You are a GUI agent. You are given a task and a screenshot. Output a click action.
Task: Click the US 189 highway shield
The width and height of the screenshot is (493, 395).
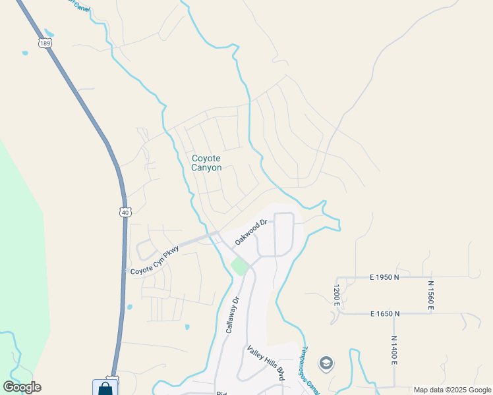(44, 43)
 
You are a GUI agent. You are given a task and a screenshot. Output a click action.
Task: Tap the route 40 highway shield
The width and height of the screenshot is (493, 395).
(125, 212)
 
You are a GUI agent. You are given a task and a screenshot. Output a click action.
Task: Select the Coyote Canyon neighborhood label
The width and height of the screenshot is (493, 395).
(206, 163)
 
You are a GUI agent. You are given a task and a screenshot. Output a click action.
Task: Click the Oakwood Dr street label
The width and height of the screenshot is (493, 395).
(250, 232)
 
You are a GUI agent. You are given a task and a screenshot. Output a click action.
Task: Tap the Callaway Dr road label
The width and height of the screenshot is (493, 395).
(231, 314)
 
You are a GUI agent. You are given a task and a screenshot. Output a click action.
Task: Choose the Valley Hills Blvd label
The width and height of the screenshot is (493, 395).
(265, 362)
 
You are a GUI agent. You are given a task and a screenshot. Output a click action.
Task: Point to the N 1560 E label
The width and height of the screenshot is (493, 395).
(431, 295)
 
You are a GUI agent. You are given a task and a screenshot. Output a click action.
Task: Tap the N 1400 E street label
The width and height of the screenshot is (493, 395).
(393, 350)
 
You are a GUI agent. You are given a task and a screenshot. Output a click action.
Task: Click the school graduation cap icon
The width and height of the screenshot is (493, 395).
(326, 363)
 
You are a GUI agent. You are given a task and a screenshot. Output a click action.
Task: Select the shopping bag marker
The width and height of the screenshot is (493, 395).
(105, 388)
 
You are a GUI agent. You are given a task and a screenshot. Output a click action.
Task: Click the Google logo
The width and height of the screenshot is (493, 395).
(22, 387)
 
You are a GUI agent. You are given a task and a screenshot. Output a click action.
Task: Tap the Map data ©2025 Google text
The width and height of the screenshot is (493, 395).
(452, 390)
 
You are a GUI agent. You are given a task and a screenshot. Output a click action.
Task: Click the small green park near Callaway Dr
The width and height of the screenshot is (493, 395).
(239, 267)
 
